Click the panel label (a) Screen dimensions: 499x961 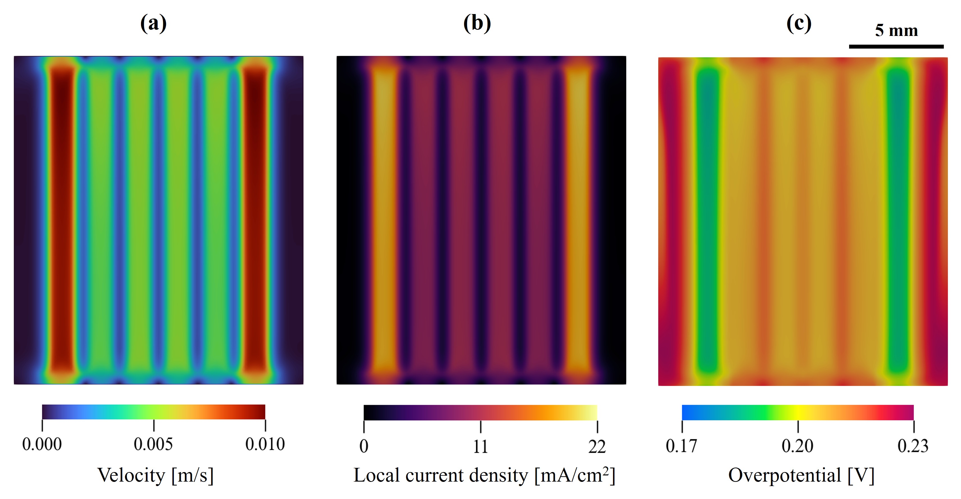153,24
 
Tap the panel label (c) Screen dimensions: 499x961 799,24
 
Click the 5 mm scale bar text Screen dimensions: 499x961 897,30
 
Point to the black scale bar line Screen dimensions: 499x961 896,47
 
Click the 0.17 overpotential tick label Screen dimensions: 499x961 682,446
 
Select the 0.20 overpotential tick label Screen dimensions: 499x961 798,446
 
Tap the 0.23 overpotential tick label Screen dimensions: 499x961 913,446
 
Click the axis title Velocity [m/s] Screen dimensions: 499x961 156,475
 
